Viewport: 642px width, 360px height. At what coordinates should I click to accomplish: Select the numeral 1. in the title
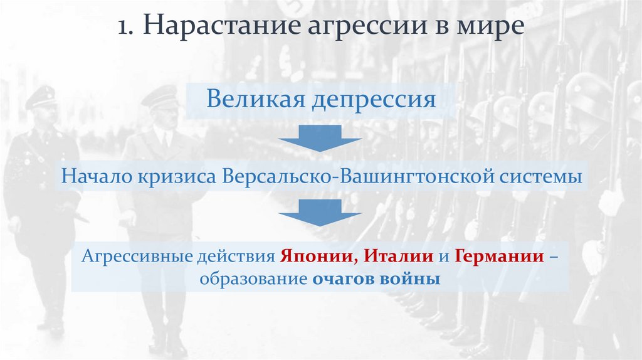click(x=127, y=28)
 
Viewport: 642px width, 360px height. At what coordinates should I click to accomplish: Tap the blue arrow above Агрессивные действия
click(x=320, y=212)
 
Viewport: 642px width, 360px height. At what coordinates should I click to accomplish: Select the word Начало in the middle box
click(x=93, y=176)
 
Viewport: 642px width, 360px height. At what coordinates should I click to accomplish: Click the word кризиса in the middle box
click(x=175, y=176)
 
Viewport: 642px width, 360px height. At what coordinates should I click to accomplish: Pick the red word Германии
click(x=499, y=257)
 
